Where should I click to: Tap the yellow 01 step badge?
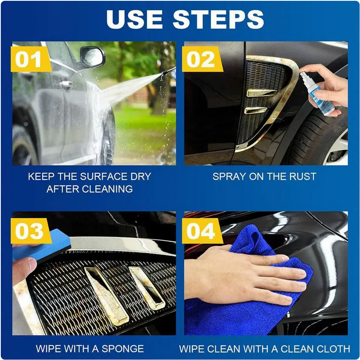(31, 59)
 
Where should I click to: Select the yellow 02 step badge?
(202, 59)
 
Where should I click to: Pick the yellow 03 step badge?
(31, 231)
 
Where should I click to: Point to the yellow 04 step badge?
(202, 231)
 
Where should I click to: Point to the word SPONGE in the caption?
(123, 349)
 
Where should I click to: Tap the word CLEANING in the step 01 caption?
(107, 189)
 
